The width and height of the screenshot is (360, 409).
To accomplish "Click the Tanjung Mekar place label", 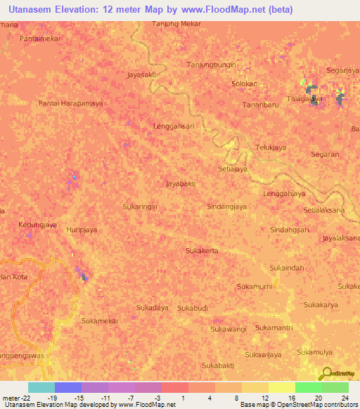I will [177, 23].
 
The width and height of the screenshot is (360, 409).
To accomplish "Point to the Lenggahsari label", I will [174, 126].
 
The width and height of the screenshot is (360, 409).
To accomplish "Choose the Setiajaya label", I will [233, 169].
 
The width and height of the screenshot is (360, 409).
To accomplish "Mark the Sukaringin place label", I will [139, 207].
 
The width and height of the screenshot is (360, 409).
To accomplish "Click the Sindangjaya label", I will [227, 207].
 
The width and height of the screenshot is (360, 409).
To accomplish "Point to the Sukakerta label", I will [202, 251].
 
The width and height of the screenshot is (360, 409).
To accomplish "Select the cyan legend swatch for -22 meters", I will [41, 387].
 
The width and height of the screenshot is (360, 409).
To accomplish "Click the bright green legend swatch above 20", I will [309, 387].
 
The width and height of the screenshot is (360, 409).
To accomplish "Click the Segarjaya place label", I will [343, 70].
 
